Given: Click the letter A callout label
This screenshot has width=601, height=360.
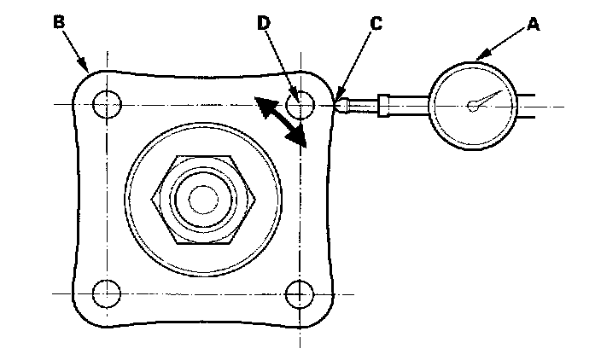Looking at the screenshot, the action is point(533,25).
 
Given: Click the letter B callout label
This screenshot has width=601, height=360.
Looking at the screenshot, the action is point(58,22).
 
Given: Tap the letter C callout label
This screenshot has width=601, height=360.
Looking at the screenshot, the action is point(375,24).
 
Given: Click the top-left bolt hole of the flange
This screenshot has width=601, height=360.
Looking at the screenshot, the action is point(108,105).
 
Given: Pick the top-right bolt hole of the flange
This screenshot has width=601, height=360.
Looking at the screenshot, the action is point(300,105).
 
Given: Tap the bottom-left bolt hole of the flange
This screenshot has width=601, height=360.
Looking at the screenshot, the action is point(108,293).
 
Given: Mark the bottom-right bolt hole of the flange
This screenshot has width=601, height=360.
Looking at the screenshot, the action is point(300,293).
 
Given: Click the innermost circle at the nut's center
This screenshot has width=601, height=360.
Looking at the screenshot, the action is point(203,200).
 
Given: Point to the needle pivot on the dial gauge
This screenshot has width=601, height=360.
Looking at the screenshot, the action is point(472,106).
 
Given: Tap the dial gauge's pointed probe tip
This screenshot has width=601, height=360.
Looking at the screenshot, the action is point(340,104).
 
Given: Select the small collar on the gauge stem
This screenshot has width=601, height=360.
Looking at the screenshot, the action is point(384,104).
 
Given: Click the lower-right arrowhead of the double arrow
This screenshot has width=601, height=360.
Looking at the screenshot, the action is point(299,138).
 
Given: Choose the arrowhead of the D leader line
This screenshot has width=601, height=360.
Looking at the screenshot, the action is point(295,96).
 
